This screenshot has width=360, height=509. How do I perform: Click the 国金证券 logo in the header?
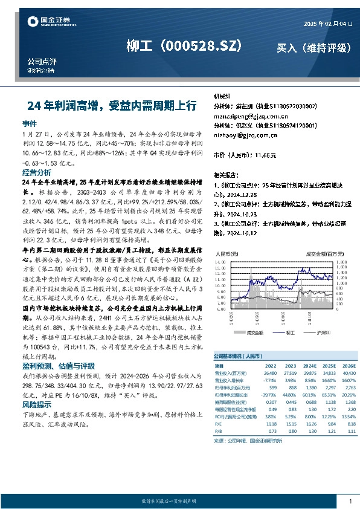coord(52,22)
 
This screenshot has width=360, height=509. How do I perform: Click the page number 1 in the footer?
coord(350,502)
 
